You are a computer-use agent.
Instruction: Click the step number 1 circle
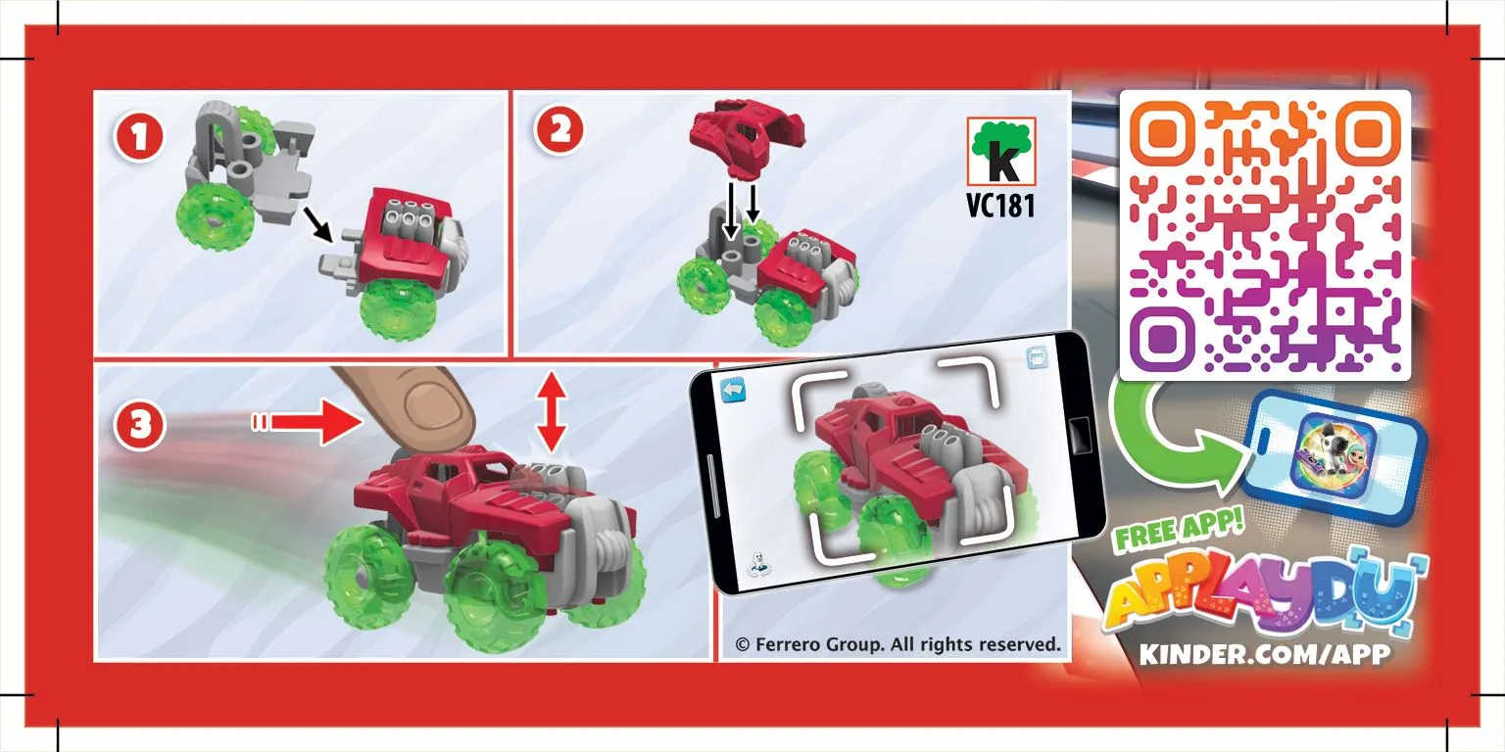point(138,138)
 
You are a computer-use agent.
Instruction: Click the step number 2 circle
point(559,129)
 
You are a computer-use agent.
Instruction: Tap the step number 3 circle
point(139,425)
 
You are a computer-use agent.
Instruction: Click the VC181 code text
point(1000,205)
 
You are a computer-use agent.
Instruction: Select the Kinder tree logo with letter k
point(1001,151)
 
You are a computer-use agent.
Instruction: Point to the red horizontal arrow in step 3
point(307,422)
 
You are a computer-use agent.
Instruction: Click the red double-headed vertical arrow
point(552,412)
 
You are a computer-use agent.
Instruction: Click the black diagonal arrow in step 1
point(317,224)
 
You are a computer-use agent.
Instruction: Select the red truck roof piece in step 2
point(746,138)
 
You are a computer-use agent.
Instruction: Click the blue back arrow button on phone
point(733,390)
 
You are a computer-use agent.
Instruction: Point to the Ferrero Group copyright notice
point(898,644)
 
